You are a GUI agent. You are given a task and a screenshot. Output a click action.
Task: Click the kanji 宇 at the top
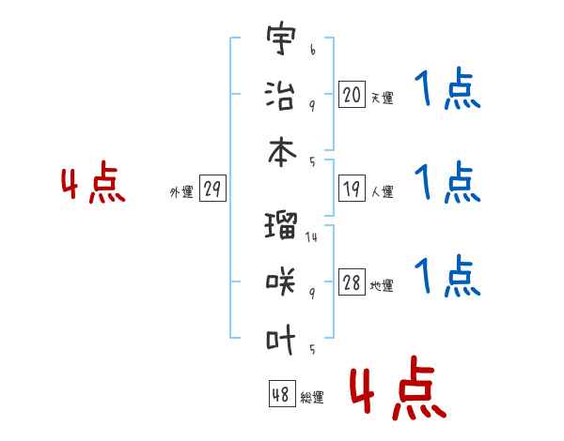coord(281,38)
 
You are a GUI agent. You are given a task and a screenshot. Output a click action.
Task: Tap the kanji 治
coord(280,96)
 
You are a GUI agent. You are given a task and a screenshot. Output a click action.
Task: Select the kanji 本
coord(282,152)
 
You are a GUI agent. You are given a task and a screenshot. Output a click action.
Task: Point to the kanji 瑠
coord(281,225)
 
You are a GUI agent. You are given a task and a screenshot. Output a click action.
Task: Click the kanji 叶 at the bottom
coord(281,339)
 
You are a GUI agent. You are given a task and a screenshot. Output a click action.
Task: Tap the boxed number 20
coord(352,94)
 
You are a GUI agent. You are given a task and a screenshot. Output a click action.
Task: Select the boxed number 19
coord(352,189)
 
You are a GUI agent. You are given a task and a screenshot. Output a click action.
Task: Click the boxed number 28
coord(352,281)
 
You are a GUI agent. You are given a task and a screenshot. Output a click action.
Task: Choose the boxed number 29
coord(212,189)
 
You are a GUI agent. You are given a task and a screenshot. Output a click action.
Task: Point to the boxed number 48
coord(282,393)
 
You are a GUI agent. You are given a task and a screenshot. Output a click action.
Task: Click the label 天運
coord(383,98)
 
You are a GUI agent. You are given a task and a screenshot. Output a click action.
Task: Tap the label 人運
coord(383,191)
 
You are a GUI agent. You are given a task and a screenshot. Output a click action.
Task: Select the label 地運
coord(382,286)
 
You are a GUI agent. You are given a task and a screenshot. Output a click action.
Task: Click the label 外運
coord(181,191)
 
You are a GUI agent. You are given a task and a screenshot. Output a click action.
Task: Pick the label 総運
coord(312,397)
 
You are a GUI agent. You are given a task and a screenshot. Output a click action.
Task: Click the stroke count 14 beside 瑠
coord(311,237)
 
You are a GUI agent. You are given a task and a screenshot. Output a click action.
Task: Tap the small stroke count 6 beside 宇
coord(313,50)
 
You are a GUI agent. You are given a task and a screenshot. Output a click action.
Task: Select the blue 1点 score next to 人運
coord(447,182)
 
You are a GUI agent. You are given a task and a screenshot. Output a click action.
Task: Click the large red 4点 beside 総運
coord(399,388)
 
